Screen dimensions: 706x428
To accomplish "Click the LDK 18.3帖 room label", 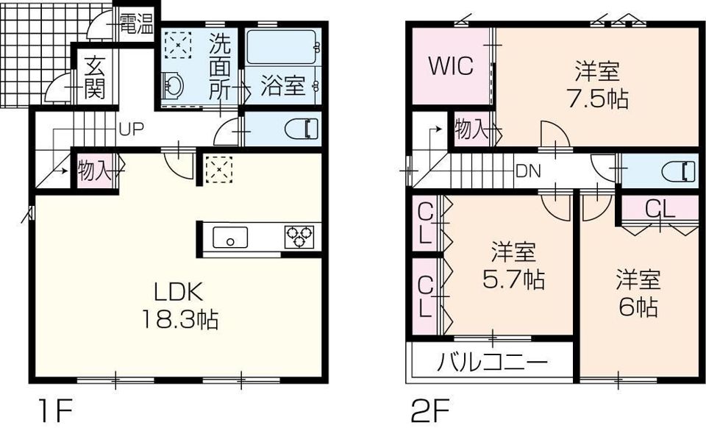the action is coord(180,307).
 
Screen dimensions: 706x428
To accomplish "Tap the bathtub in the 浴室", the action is coord(281,47).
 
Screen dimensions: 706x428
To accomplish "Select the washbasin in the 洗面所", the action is coord(172,85).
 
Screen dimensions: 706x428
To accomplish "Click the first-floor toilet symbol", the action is coord(302,129).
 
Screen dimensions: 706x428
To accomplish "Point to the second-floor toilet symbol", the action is coord(679,171).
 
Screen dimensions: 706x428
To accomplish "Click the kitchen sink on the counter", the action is coord(230,238).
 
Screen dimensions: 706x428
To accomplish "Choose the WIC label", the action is coord(451,66).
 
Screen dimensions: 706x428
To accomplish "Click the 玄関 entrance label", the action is coord(95,77).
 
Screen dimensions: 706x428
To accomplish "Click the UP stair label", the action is coord(132,129).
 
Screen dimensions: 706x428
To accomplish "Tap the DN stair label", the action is coord(528,171).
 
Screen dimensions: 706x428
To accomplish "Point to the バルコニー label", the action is coord(493,362).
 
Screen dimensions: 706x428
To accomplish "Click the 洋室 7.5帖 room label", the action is coord(597,85).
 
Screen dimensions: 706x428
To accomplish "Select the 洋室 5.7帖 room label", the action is coord(513,265).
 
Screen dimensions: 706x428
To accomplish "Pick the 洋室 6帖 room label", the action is coord(638,293).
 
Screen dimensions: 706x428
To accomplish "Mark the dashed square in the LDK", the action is coord(219,170).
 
